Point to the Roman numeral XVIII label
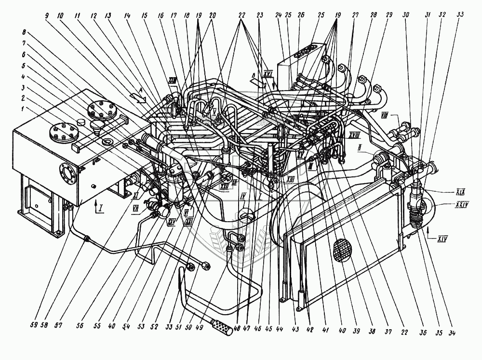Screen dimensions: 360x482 pyautogui.click(x=354, y=137)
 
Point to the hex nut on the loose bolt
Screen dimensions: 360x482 pyautogui.click(x=205, y=265)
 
